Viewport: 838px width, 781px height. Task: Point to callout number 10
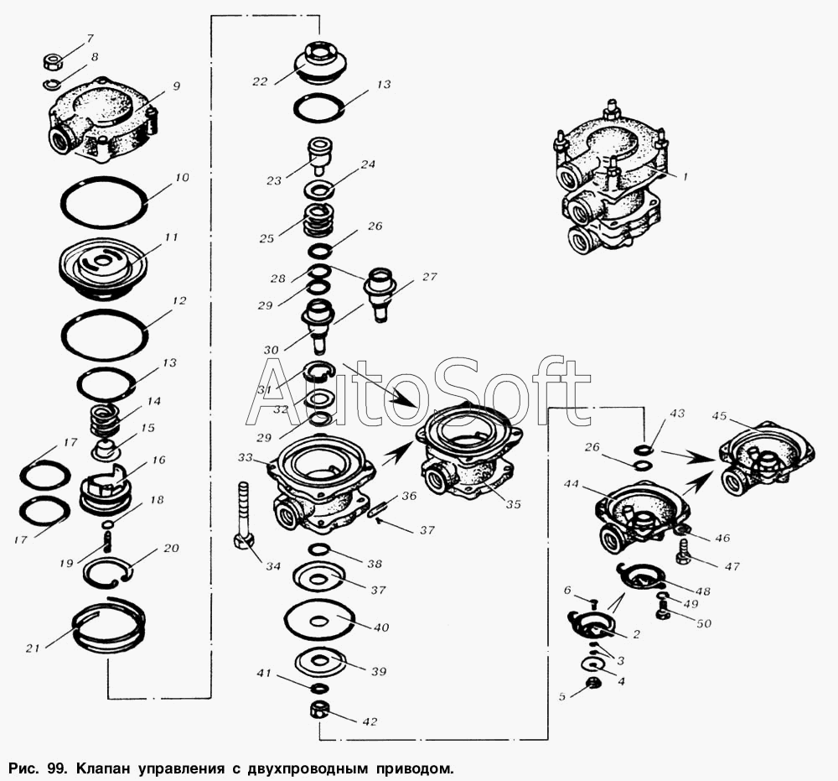tap(183, 179)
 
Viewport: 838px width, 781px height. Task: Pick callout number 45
tap(719, 417)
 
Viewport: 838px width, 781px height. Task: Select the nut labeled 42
tap(319, 712)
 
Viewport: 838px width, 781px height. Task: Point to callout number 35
tap(513, 505)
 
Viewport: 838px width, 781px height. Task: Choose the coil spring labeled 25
tap(316, 220)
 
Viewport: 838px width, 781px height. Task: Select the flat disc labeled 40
tap(319, 621)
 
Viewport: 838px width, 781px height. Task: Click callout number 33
tap(246, 458)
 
